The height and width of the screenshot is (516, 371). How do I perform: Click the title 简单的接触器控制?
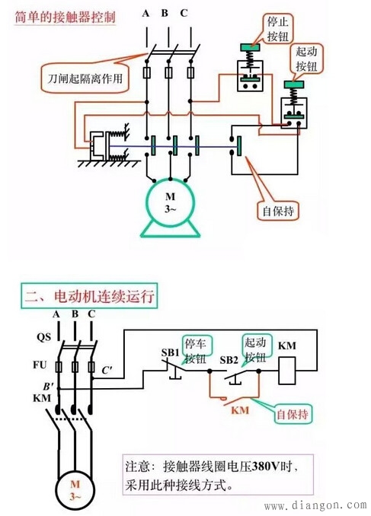[x=66, y=16]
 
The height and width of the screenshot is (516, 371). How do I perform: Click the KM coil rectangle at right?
[x=286, y=371]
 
